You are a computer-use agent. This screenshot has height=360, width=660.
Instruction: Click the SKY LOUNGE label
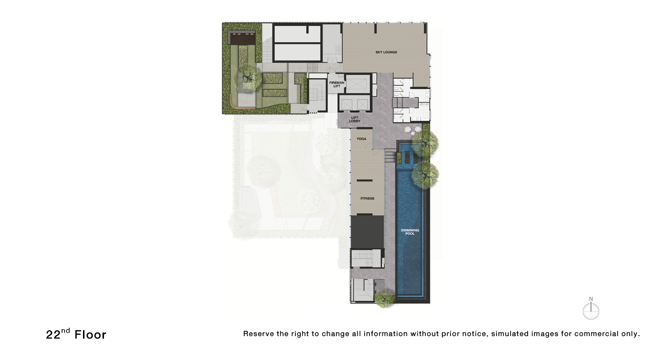click(x=386, y=52)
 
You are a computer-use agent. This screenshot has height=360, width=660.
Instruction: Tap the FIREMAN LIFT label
click(x=336, y=84)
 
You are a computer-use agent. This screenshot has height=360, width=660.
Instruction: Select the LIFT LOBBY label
click(x=354, y=120)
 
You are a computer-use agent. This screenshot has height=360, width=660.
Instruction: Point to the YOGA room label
click(x=361, y=139)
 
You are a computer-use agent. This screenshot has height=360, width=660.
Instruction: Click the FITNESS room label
click(x=367, y=199)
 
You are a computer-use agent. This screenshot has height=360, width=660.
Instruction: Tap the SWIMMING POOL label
click(x=410, y=232)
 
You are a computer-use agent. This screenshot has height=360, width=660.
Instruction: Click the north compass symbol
click(x=591, y=309)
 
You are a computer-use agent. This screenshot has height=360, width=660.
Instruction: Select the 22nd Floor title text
click(x=76, y=334)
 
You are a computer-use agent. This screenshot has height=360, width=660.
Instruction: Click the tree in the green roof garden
click(x=247, y=78)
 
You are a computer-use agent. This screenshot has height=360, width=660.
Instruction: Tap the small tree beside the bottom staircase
click(x=384, y=299)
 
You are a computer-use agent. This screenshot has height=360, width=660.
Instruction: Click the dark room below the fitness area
click(x=367, y=232)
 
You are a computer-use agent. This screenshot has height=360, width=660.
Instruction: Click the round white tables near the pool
click(x=413, y=130)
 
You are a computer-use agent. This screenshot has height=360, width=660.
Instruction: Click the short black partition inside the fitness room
click(x=365, y=180)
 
